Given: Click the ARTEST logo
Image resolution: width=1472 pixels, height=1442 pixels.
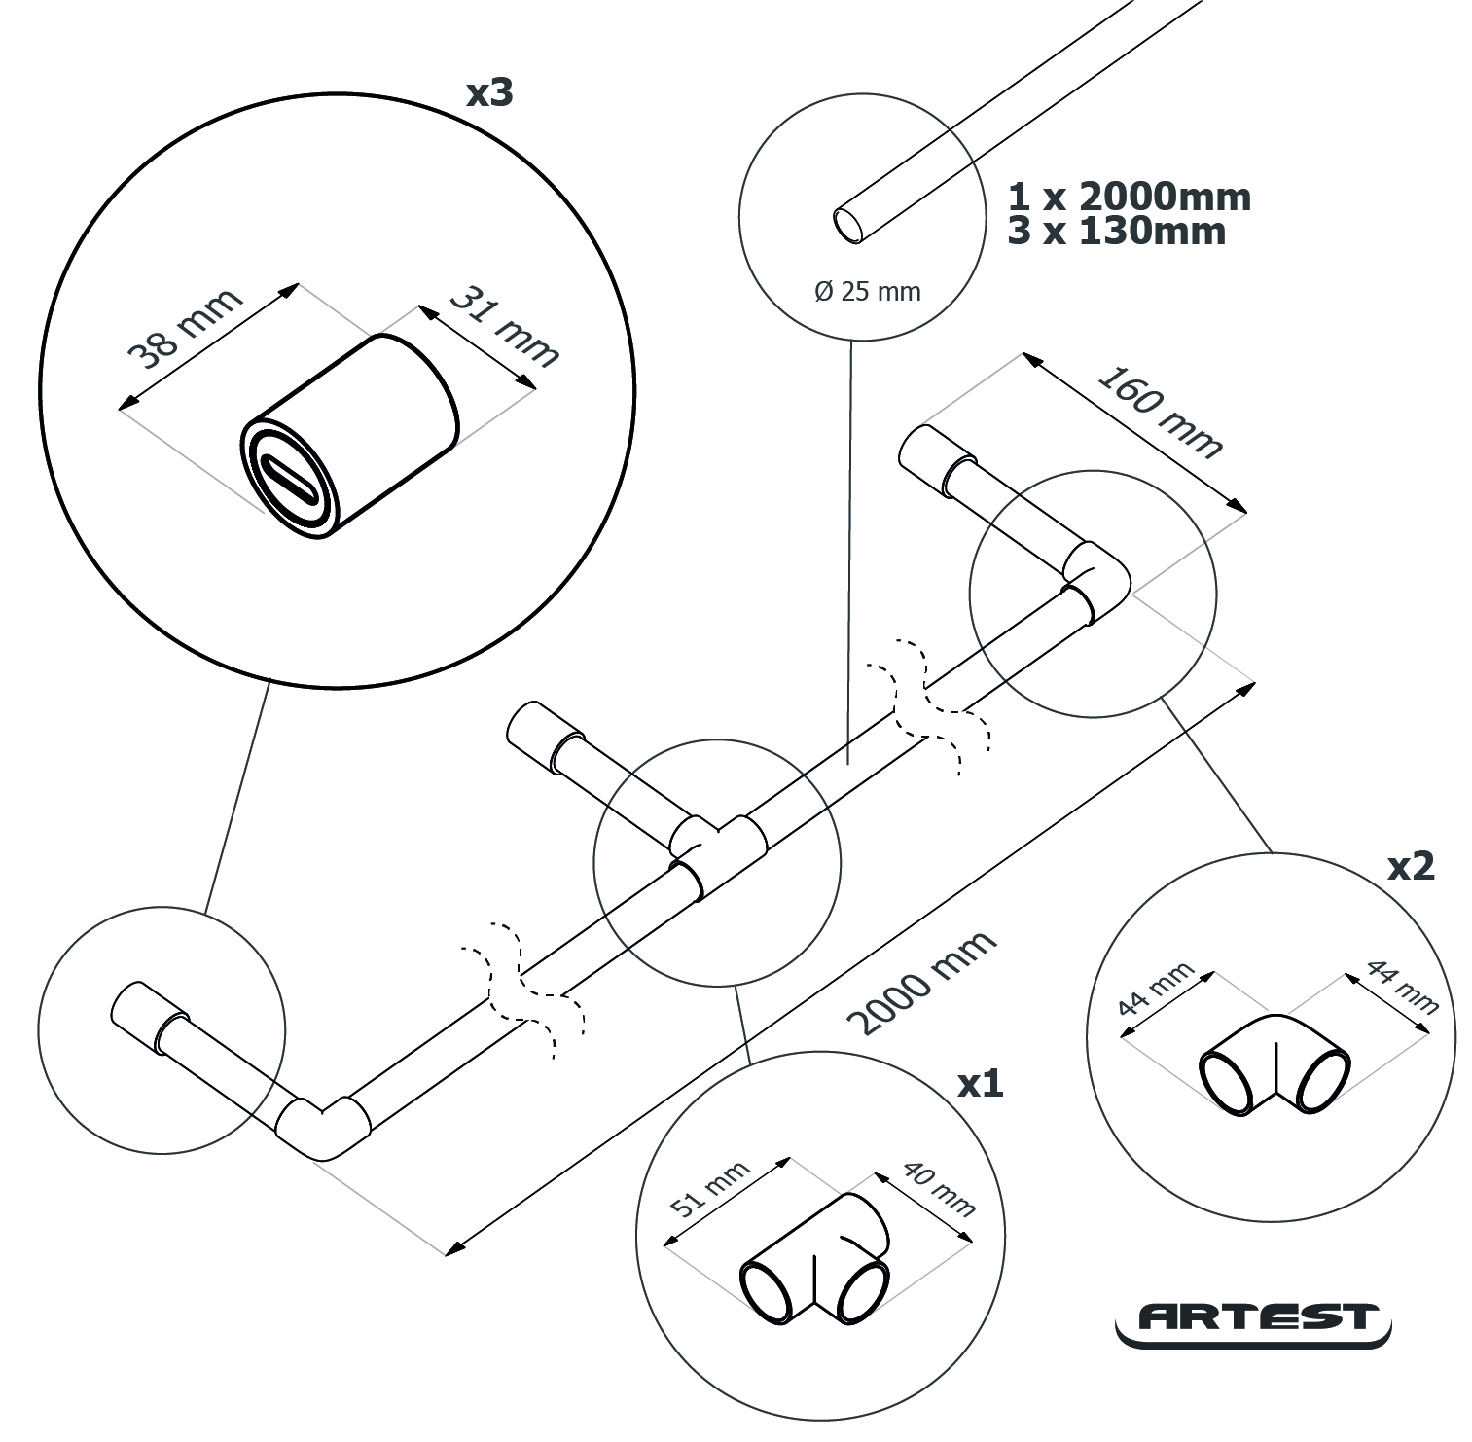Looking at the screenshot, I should coord(1253,1319).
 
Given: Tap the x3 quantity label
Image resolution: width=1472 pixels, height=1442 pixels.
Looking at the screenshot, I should coord(488,92).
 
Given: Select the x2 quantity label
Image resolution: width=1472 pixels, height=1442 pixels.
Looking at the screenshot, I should coord(1410,865).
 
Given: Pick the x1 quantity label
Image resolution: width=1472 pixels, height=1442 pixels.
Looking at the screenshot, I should coord(980,1083).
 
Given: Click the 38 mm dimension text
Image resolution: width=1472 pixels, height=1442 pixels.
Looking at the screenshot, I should coord(186,329).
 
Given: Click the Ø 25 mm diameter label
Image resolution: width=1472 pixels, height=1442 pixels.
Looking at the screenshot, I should coord(867,291).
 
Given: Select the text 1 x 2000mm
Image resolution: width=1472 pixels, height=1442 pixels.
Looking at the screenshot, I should coord(1129,197).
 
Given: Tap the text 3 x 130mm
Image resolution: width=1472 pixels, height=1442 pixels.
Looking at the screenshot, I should coord(1116,232).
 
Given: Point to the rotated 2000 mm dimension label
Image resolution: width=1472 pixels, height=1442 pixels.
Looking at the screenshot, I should coord(921,981).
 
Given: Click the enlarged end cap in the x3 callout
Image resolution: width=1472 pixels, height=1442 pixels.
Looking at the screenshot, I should coord(350,438).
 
